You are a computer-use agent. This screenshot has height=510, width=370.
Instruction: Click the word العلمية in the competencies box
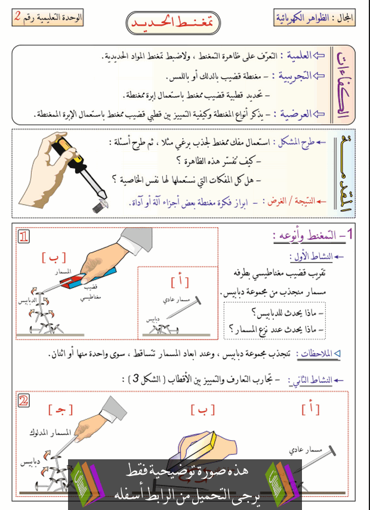click(297, 55)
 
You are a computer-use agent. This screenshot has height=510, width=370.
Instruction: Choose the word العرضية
click(294, 113)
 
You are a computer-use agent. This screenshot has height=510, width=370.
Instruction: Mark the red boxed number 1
click(24, 237)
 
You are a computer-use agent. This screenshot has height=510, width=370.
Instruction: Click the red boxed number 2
click(23, 400)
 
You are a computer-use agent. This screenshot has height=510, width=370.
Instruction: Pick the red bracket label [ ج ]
click(60, 409)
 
